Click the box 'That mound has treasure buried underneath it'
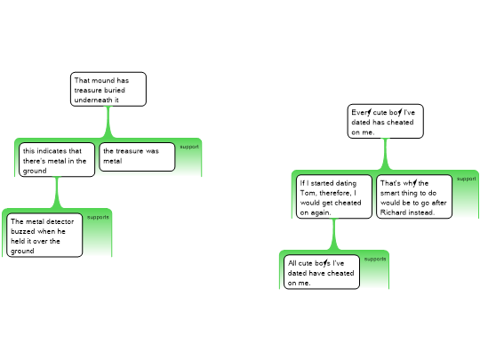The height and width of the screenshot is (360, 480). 108,90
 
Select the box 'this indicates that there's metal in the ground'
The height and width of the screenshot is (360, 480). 57,160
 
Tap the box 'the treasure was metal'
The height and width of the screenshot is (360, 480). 137,156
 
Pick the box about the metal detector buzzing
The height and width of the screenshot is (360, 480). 44,235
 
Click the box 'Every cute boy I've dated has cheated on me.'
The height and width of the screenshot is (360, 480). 386,122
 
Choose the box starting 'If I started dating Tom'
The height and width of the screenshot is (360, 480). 334,196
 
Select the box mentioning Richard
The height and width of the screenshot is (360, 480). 414,196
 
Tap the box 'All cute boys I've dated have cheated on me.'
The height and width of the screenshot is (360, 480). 322,272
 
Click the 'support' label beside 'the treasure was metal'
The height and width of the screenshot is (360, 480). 189,147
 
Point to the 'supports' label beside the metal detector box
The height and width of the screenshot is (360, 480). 98,217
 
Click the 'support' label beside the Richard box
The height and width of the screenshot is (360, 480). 467,179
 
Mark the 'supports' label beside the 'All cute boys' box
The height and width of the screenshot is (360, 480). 375,259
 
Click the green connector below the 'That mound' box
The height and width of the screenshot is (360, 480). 108,123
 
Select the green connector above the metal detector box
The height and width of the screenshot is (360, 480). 57,193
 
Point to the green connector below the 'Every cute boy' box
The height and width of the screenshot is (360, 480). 386,155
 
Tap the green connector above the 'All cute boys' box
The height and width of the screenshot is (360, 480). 334,235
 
